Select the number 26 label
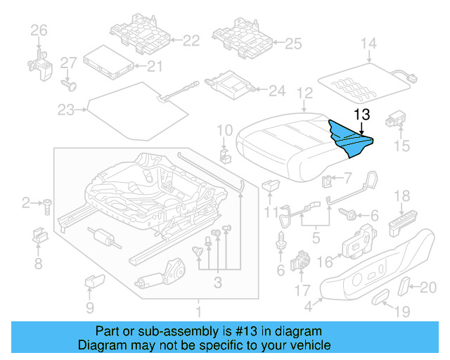pos(38,30)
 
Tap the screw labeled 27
pos(69,84)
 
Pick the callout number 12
pos(304,93)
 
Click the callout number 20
pos(427,286)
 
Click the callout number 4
pos(309,307)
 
